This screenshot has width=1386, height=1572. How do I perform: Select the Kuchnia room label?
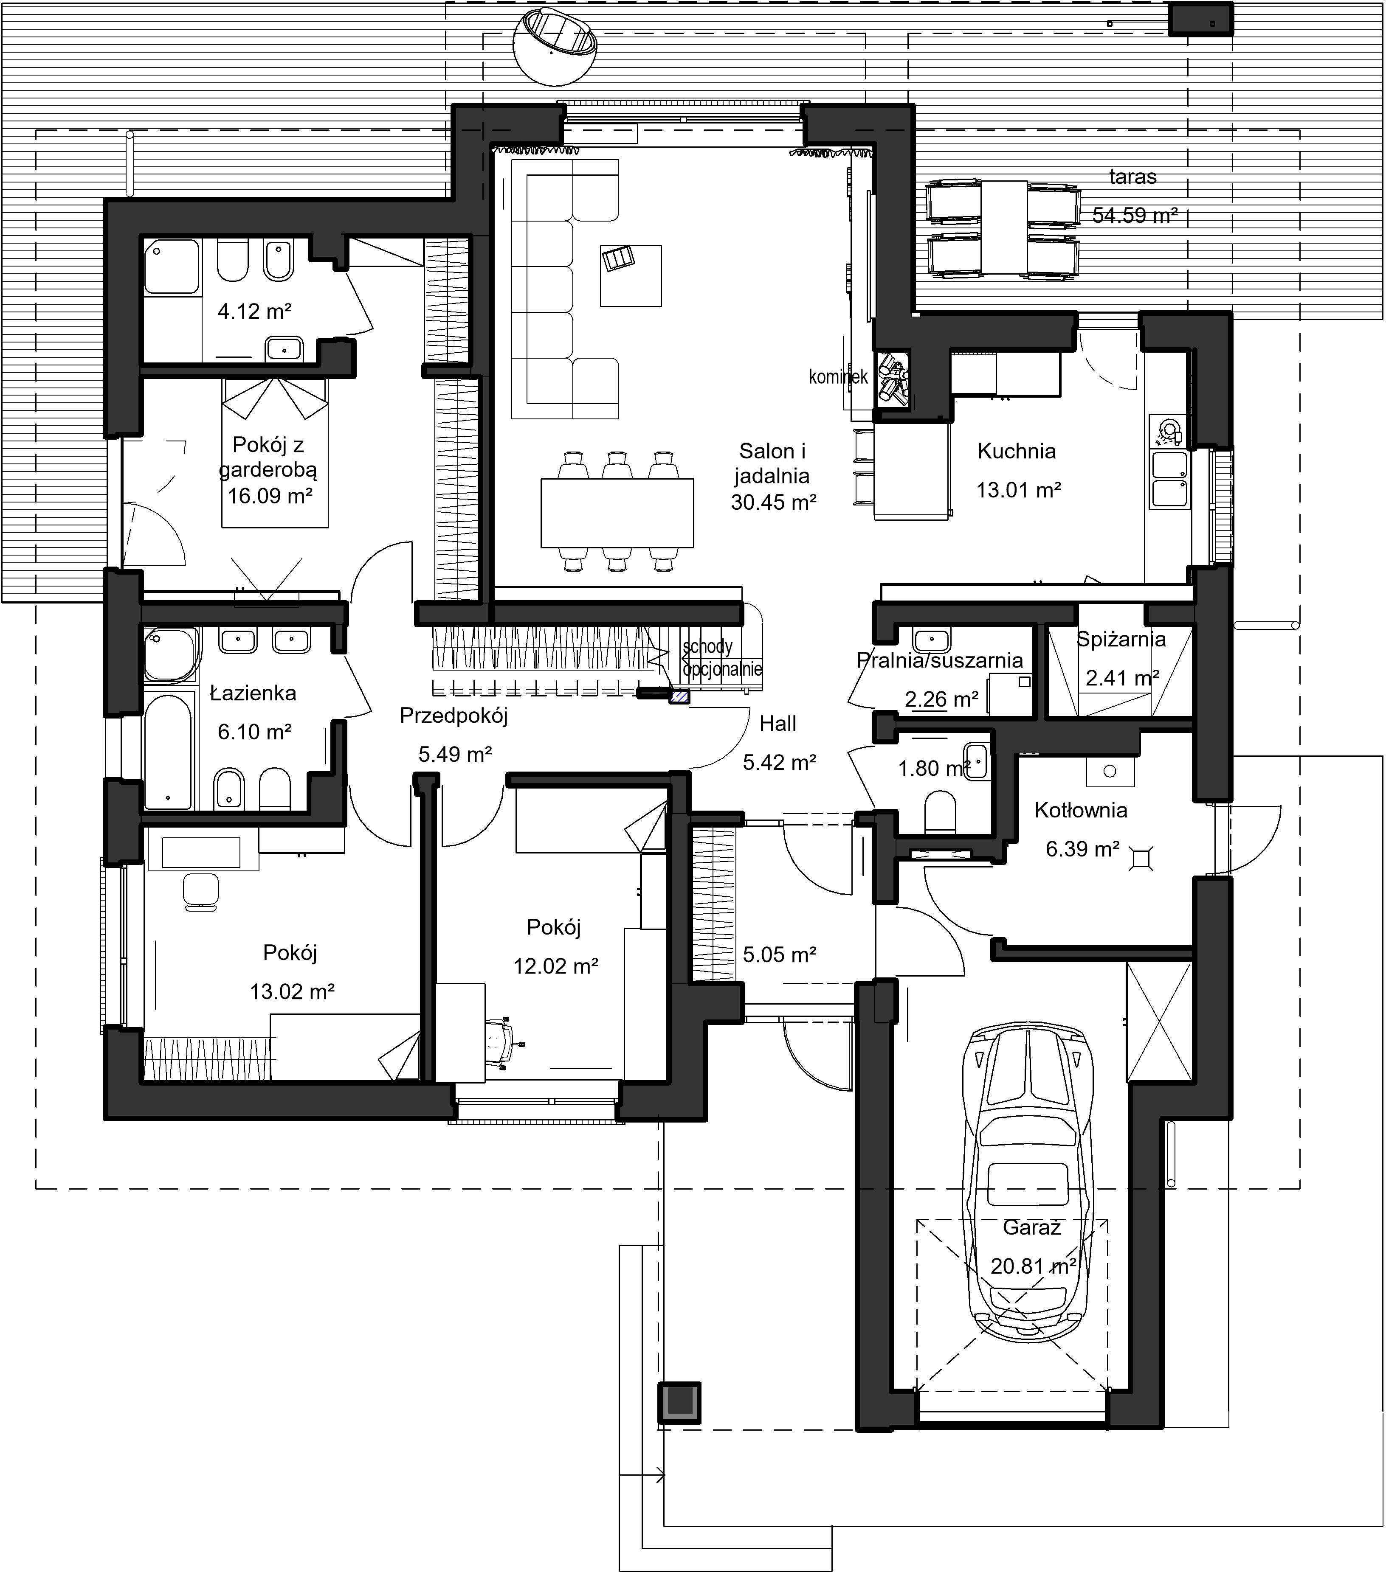(1017, 452)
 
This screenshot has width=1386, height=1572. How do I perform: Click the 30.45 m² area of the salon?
(773, 502)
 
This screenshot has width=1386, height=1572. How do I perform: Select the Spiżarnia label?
(1121, 639)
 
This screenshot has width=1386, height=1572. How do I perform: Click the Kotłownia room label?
(1081, 810)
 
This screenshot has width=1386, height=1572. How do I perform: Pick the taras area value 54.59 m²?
(1135, 215)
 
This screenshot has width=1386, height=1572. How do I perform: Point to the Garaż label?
(1032, 1227)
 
